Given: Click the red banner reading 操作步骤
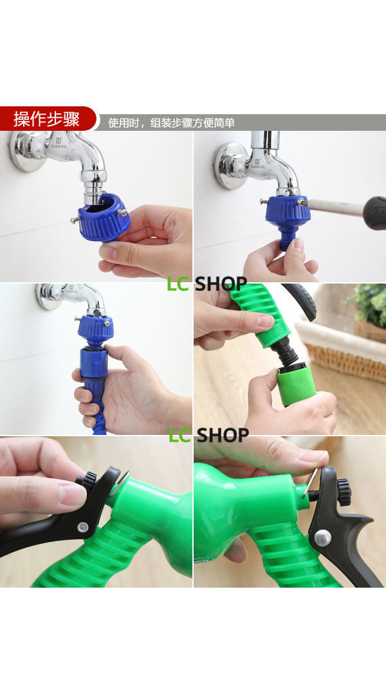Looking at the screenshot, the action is [47, 119].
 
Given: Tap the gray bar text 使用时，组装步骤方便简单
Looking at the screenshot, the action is [171, 122].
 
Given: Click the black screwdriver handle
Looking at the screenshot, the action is [374, 213].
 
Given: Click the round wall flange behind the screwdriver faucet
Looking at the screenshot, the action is [230, 166].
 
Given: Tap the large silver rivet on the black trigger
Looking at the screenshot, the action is [323, 538].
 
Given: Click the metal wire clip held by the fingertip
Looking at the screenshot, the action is [311, 481].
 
